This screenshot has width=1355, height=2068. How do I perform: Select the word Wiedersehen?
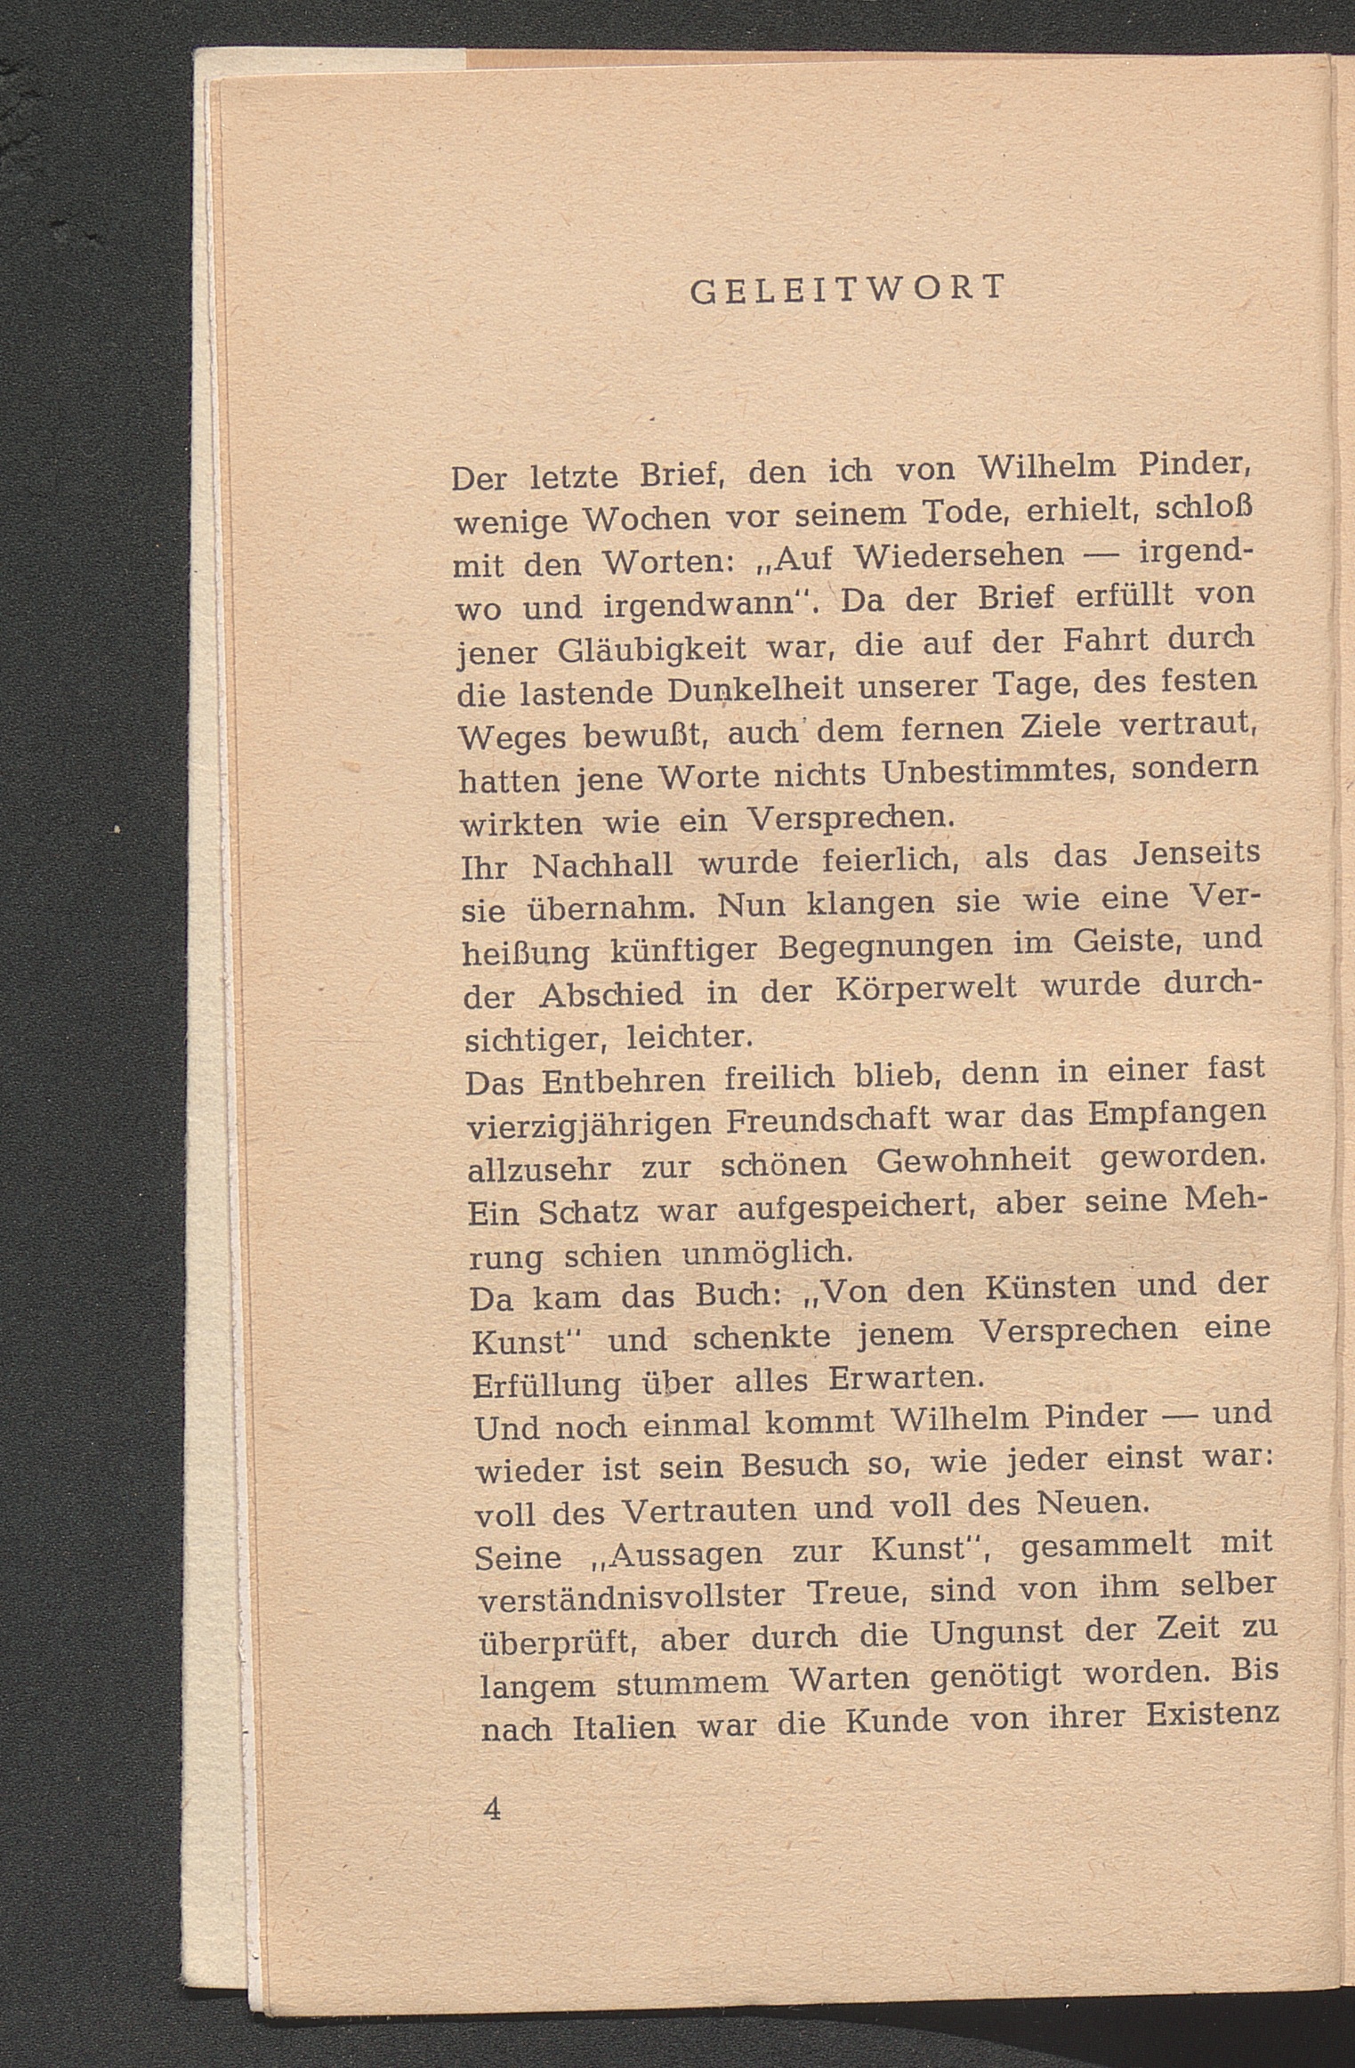958,556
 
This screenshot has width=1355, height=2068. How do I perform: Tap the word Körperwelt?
929,989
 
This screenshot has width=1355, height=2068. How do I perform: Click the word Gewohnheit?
974,1161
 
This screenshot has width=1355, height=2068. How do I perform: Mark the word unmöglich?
768,1255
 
